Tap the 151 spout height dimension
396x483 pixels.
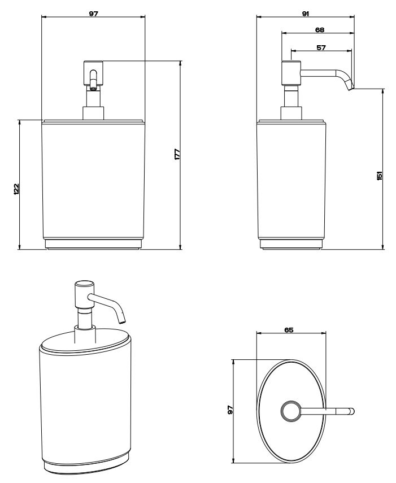point(380,176)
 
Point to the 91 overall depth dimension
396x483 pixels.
point(305,14)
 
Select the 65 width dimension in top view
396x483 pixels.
point(289,330)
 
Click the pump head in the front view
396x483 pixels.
point(93,73)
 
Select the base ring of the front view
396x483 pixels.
point(93,244)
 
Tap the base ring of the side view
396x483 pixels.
point(291,244)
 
